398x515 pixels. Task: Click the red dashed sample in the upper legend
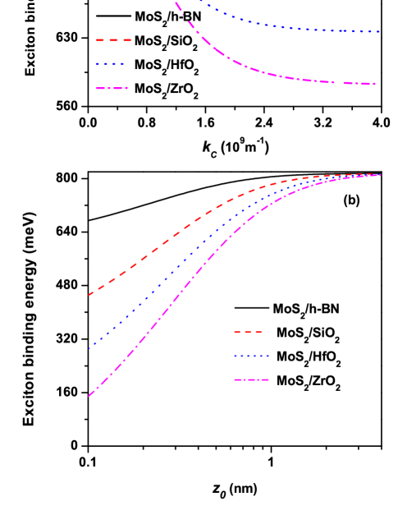click(113, 39)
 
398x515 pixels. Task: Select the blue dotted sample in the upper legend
click(110, 63)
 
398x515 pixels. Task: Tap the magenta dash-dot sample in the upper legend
click(112, 88)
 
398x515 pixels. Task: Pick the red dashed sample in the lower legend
click(248, 333)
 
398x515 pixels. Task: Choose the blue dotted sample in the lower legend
click(251, 356)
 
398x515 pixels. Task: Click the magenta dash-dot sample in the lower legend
click(251, 379)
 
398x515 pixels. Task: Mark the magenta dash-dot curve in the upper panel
click(271, 73)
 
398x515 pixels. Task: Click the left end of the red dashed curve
click(89, 294)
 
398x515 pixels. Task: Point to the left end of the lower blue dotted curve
click(89, 348)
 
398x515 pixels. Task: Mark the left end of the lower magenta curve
click(89, 396)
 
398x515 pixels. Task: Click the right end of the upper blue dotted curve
click(380, 31)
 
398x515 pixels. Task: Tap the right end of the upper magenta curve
click(375, 84)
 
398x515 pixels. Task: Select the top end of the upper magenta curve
click(176, 2)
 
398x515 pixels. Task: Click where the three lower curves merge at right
click(377, 175)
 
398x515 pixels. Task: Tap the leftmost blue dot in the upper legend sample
click(97, 63)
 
